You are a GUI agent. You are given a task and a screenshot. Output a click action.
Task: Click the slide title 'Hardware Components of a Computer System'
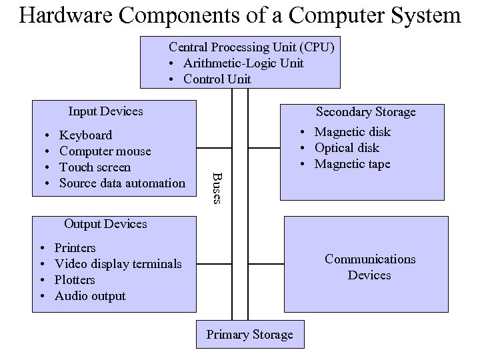(240, 15)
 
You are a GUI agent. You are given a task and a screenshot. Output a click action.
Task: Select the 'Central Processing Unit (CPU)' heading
(251, 47)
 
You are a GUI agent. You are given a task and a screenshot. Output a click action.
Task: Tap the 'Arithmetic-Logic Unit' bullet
(243, 63)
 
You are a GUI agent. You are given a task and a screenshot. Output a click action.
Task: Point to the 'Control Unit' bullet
(217, 79)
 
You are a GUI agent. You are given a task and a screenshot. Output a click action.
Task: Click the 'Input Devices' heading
(105, 111)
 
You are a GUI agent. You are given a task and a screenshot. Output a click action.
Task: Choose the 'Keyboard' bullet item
(85, 135)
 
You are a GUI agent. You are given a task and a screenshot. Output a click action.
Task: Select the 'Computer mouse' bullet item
(105, 151)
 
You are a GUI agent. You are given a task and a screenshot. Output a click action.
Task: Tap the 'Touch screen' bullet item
(95, 167)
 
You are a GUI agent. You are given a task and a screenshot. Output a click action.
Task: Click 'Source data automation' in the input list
(122, 183)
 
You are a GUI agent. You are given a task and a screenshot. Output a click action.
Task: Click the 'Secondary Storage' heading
(365, 112)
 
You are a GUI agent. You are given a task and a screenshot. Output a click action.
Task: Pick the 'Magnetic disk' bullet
(352, 132)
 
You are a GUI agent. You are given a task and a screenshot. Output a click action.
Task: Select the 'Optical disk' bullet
(347, 148)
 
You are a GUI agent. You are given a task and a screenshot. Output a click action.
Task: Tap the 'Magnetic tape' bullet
(352, 164)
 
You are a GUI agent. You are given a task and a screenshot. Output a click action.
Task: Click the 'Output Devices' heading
(105, 224)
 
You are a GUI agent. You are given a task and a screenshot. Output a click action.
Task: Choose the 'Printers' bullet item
(75, 248)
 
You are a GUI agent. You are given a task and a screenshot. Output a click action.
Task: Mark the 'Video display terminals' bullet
(118, 264)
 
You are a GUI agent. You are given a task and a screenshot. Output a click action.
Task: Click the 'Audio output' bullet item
(90, 296)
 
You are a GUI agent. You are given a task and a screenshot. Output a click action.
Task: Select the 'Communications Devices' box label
(369, 267)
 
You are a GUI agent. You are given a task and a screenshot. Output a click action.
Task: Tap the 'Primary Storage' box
(249, 335)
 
